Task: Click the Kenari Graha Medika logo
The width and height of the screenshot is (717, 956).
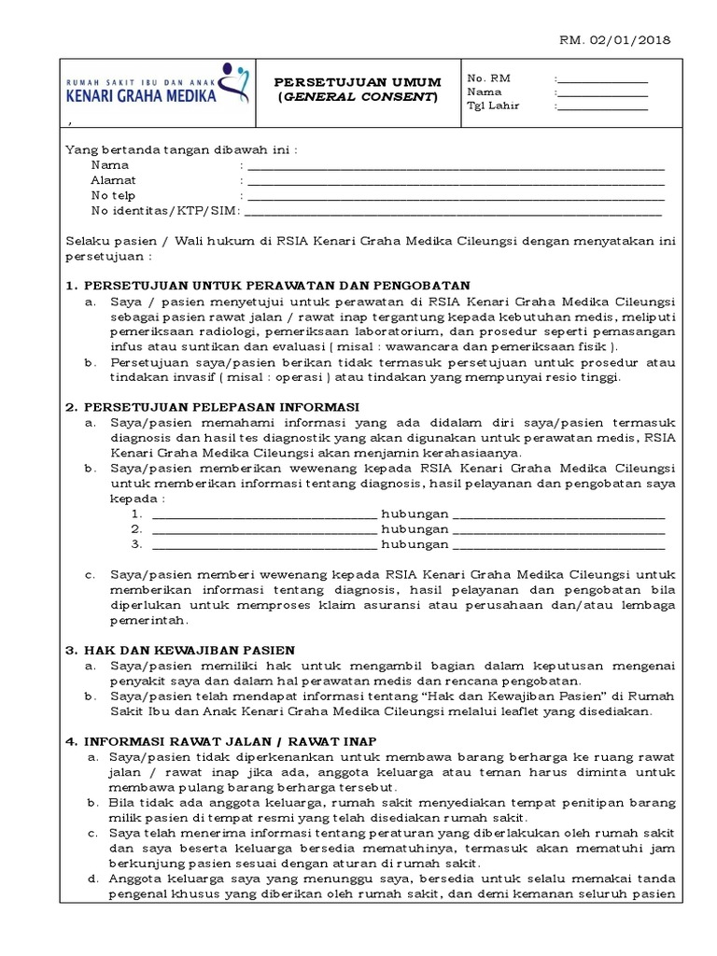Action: tap(154, 85)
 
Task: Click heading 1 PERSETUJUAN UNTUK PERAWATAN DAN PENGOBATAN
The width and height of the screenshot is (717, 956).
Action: tap(268, 285)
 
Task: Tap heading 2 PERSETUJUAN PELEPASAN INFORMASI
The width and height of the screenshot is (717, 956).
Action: tap(214, 406)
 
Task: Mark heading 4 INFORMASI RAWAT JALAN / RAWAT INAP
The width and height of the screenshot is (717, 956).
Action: tap(220, 740)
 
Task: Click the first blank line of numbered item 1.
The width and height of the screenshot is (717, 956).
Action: tap(263, 515)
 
